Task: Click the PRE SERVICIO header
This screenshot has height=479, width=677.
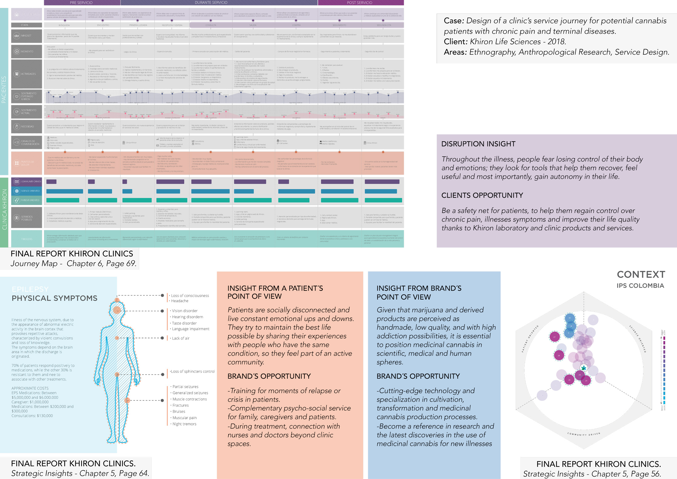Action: point(81,2)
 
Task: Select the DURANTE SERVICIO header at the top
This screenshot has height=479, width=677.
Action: point(211,2)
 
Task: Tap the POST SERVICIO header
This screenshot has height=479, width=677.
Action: point(359,2)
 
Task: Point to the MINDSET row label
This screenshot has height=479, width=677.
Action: point(26,36)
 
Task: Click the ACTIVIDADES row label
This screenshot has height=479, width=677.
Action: point(28,74)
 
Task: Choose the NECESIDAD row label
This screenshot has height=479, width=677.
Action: point(27,127)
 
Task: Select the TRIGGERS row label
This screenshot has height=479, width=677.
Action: point(26,239)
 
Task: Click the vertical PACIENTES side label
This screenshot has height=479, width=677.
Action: point(4,89)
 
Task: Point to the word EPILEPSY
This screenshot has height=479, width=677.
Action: point(30,289)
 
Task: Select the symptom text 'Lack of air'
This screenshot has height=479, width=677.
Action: point(181,338)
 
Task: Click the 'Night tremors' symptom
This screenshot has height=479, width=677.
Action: point(184,424)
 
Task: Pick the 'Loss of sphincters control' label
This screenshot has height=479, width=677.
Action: point(193,372)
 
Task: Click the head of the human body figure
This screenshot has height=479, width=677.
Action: point(117,310)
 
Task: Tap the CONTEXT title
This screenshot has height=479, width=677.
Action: point(641,274)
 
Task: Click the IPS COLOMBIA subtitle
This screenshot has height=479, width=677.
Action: point(640,286)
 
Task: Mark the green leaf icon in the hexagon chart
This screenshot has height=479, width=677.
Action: point(583,368)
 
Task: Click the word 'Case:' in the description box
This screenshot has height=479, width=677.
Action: point(454,21)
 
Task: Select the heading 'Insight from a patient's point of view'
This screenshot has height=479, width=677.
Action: point(275,292)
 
